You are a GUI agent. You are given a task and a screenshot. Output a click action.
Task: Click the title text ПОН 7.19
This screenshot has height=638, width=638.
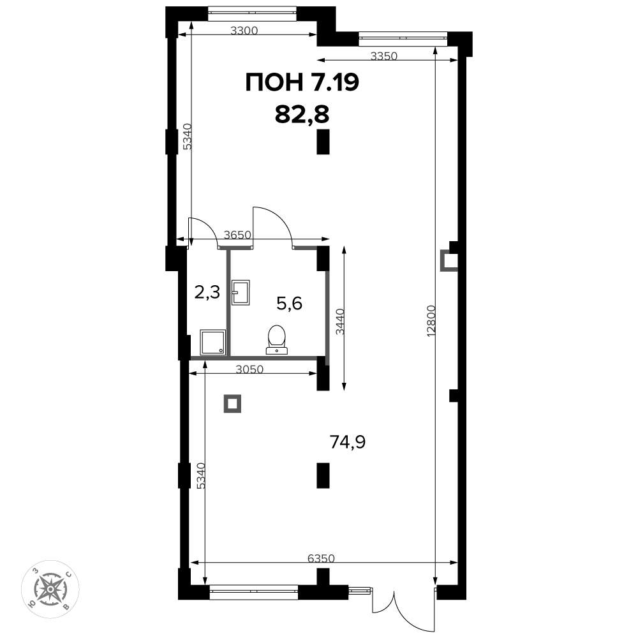tap(302, 82)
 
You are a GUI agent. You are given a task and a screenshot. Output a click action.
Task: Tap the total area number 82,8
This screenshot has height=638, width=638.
tap(302, 114)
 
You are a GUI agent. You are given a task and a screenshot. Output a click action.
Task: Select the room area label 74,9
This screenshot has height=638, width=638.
tap(348, 442)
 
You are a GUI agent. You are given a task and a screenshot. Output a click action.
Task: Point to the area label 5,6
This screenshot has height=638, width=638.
tap(289, 303)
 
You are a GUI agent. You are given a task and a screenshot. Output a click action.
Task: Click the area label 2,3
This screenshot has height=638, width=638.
tap(207, 292)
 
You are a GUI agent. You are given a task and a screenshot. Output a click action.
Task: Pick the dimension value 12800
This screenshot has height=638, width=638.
tap(432, 321)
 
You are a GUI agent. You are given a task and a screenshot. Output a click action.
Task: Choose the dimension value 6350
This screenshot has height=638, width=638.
tap(321, 558)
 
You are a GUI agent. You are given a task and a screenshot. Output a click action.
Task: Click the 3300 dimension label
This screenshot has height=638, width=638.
tap(244, 31)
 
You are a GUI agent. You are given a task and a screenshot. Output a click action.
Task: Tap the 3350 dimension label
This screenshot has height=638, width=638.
tap(383, 56)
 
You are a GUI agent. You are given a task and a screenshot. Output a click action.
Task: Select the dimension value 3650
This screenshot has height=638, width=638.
tap(237, 235)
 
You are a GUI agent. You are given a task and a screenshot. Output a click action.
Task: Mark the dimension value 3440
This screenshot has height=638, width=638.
tap(340, 322)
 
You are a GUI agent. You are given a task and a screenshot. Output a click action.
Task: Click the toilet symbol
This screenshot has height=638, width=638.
tap(277, 339)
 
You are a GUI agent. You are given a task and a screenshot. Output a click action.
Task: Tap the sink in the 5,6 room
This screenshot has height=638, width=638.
tap(241, 293)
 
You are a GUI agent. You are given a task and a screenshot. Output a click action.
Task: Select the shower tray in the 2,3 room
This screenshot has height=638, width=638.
tap(213, 342)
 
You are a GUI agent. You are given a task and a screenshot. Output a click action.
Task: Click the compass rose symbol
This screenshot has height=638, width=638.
tap(50, 589)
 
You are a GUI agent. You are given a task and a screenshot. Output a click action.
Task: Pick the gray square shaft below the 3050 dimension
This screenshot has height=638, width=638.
tap(232, 404)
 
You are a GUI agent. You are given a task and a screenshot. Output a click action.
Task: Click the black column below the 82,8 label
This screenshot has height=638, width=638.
tap(323, 142)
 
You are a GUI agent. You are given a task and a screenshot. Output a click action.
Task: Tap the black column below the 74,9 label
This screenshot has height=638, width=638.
tap(323, 475)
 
